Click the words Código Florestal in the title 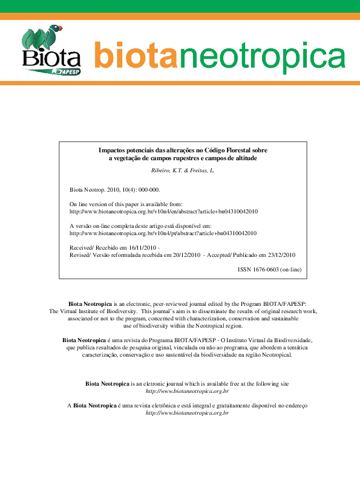(228, 149)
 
